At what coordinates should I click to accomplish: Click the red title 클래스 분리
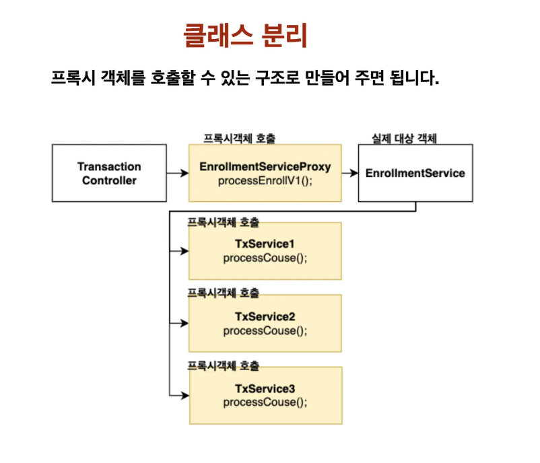pyautogui.click(x=245, y=36)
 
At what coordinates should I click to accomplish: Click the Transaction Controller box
pyautogui.click(x=109, y=173)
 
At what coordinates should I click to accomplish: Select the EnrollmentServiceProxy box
pyautogui.click(x=265, y=173)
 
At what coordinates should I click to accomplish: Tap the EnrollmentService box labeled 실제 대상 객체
pyautogui.click(x=415, y=173)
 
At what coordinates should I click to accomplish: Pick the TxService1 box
pyautogui.click(x=265, y=251)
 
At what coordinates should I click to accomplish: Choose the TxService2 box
pyautogui.click(x=265, y=323)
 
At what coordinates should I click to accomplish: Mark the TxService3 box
pyautogui.click(x=265, y=395)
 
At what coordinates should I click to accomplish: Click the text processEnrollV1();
pyautogui.click(x=265, y=181)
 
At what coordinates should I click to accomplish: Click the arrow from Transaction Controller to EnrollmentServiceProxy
pyautogui.click(x=177, y=174)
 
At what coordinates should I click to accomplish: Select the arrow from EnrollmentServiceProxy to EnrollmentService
pyautogui.click(x=349, y=174)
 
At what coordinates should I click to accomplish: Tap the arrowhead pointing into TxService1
pyautogui.click(x=185, y=252)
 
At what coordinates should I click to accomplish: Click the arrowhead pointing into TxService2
pyautogui.click(x=185, y=323)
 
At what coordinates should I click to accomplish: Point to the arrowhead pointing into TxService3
pyautogui.click(x=185, y=395)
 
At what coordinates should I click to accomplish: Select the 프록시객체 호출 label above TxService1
pyautogui.click(x=223, y=221)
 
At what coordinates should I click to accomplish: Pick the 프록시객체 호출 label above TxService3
pyautogui.click(x=223, y=365)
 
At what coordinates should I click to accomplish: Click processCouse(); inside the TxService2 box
pyautogui.click(x=265, y=330)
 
